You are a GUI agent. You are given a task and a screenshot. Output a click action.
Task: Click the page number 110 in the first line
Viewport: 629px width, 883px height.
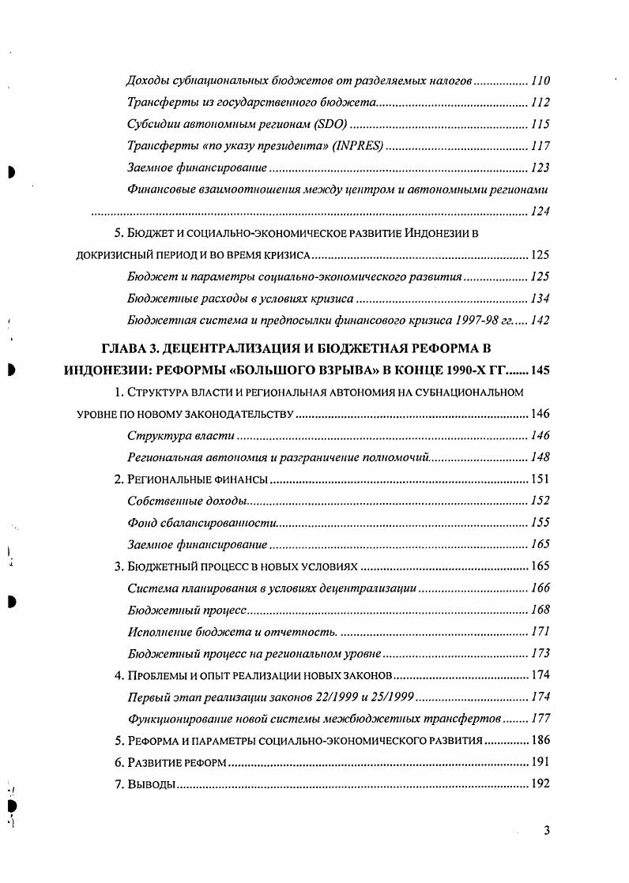(540, 81)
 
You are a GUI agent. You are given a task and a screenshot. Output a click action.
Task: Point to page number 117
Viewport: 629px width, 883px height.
(540, 147)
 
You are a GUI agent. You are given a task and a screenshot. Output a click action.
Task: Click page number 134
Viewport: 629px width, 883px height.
(540, 299)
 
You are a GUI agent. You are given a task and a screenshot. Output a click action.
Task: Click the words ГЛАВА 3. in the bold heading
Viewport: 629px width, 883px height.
(129, 348)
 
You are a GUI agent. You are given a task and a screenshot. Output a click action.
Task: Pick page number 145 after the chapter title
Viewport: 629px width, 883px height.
(540, 370)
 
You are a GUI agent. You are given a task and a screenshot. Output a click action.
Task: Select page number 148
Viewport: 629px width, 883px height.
(540, 457)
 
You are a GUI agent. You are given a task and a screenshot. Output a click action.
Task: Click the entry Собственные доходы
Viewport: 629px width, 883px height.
(186, 501)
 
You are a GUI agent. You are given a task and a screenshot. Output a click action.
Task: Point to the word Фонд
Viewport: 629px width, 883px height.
(140, 523)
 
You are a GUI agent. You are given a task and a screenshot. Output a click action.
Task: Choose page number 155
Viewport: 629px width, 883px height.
(540, 523)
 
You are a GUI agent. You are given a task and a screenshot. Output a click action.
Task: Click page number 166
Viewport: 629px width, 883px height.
(540, 588)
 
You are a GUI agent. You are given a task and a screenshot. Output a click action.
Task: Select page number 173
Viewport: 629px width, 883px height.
(540, 654)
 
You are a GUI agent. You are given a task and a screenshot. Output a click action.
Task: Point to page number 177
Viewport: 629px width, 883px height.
(540, 720)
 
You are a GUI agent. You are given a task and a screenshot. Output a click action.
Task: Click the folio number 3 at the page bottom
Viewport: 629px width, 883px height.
(546, 830)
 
